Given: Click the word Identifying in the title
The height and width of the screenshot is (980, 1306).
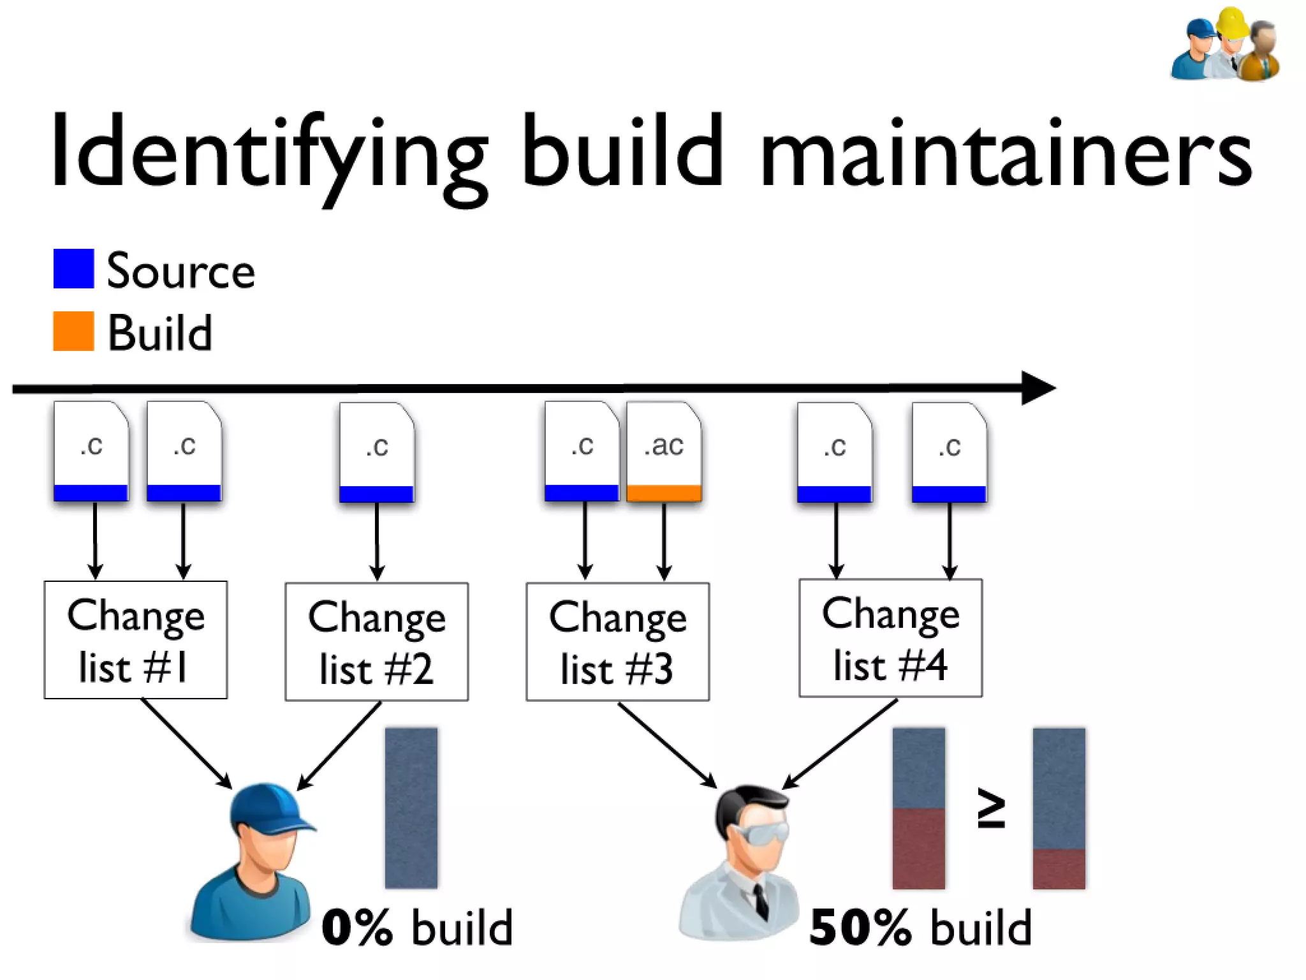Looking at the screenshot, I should [x=268, y=153].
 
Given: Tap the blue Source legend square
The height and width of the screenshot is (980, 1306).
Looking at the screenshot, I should [x=73, y=269].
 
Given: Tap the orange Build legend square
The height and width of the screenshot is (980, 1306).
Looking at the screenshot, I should [x=73, y=331].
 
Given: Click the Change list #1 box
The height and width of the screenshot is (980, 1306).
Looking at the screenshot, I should [x=135, y=640].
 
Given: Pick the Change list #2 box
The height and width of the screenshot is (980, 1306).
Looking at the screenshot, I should [x=376, y=642].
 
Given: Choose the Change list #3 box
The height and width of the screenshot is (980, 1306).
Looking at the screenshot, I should [x=617, y=642].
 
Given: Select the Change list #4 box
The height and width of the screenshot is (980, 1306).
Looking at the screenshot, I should [x=890, y=638].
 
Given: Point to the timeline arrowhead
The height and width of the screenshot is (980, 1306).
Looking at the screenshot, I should [x=1037, y=388].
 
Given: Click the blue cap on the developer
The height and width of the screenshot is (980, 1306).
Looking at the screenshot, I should [x=268, y=807].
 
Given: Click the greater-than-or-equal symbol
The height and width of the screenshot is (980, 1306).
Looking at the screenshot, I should [x=991, y=808].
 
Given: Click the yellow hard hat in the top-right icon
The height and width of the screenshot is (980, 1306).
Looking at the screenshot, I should [x=1231, y=23].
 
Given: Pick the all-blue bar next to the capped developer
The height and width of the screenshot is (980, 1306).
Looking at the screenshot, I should [x=411, y=808].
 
